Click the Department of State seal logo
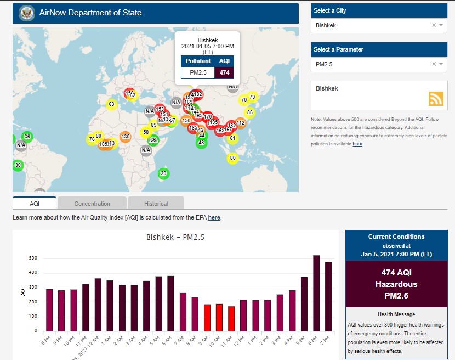click(x=26, y=13)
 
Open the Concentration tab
click(x=92, y=204)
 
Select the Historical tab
click(x=156, y=204)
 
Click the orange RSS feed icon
click(x=436, y=98)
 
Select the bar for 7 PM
click(x=328, y=296)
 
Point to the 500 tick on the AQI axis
click(x=33, y=258)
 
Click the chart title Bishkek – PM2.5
click(x=175, y=238)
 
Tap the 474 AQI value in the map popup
click(x=224, y=72)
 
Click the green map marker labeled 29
click(x=163, y=173)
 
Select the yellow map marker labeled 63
click(x=111, y=104)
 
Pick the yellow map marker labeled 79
click(x=252, y=97)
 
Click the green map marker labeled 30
click(x=18, y=165)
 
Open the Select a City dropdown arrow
click(x=441, y=25)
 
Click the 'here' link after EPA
click(x=214, y=218)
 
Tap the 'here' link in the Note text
click(x=357, y=144)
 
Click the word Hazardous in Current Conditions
click(x=396, y=284)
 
